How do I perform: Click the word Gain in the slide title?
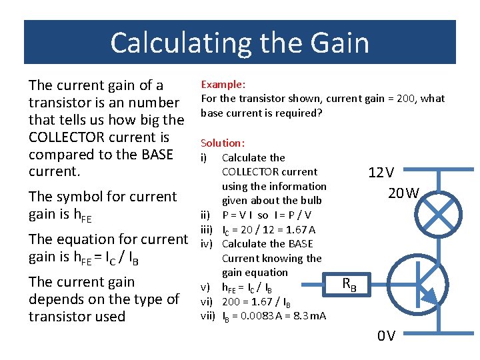pos(339,43)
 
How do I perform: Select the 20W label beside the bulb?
pos(404,193)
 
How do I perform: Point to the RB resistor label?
pos(349,285)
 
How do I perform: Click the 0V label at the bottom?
pos(386,335)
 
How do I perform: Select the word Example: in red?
pos(223,85)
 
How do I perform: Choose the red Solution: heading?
pos(223,143)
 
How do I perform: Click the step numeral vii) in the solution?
pos(208,315)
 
